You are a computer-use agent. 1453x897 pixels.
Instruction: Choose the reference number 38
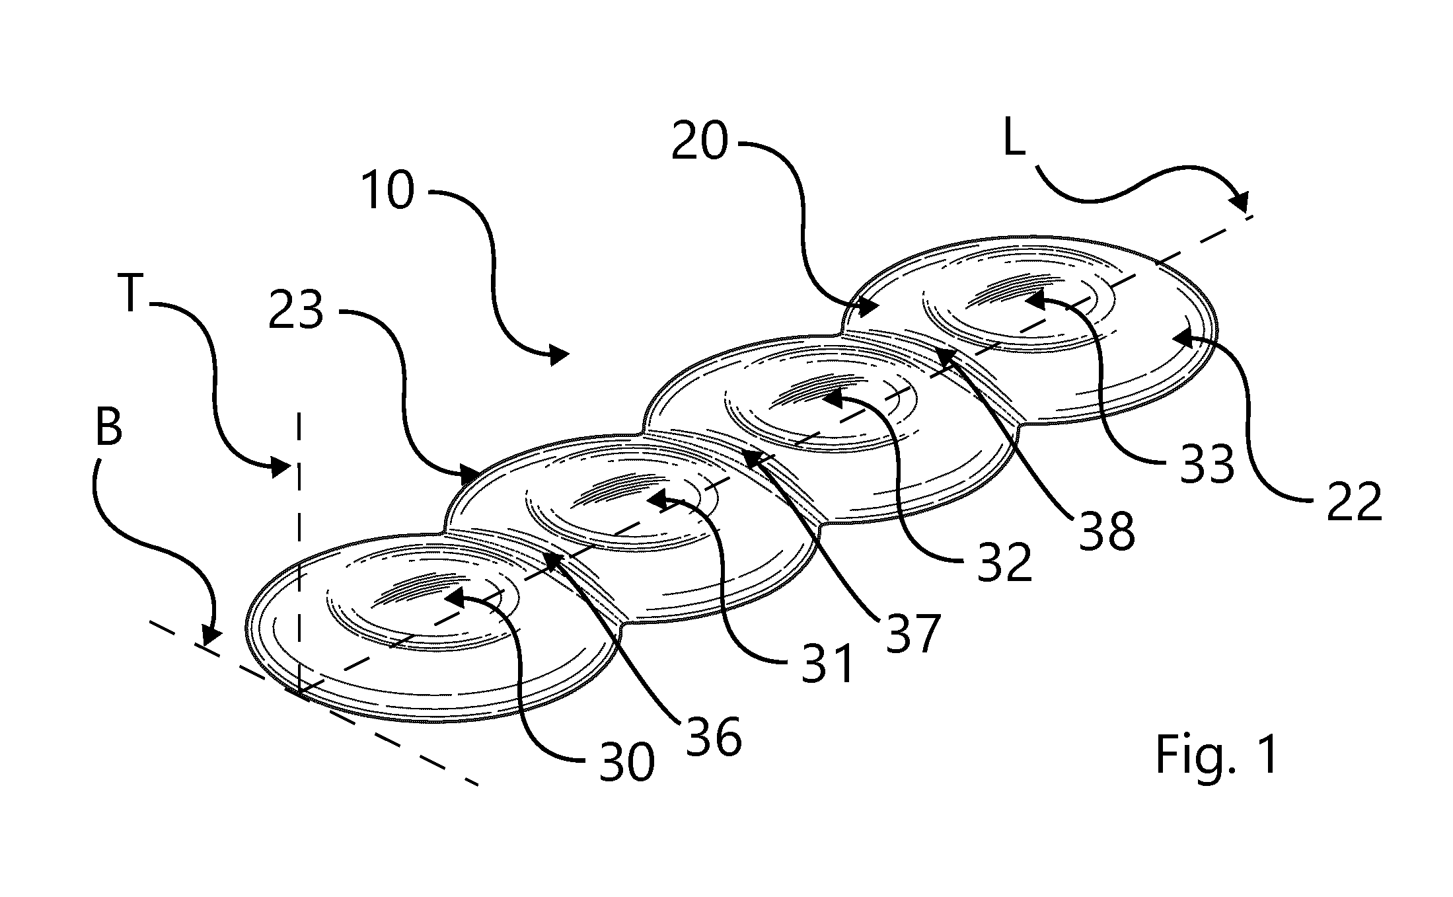click(x=1107, y=530)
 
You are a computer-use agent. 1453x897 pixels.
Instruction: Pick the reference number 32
click(x=1004, y=563)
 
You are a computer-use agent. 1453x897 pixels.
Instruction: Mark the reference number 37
click(x=913, y=633)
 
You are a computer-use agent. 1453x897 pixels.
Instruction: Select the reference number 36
click(x=714, y=737)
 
